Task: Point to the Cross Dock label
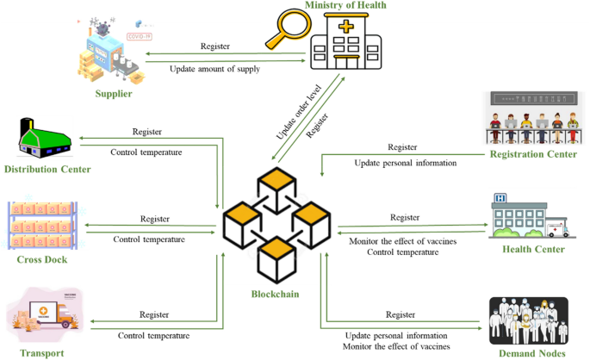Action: [x=41, y=259]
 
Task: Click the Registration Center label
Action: [x=533, y=155]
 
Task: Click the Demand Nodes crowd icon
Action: [x=528, y=320]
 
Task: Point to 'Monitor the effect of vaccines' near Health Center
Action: [x=402, y=242]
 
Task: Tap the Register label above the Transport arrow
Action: [x=154, y=314]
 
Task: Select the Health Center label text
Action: [x=533, y=250]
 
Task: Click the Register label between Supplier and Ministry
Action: [x=215, y=46]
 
